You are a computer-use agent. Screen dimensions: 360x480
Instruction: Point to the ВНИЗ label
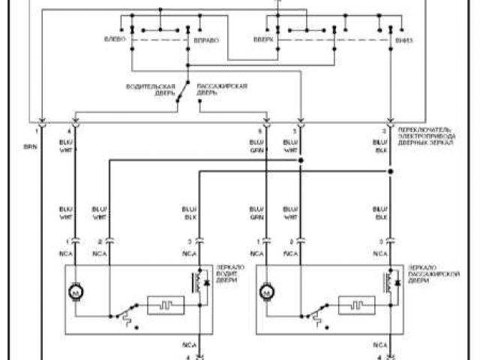tap(403, 39)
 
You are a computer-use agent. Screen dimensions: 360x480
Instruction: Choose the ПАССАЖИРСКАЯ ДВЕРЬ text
tap(222, 88)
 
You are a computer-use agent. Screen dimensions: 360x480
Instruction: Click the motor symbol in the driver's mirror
tap(76, 290)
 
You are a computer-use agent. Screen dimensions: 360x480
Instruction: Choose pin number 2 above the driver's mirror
tap(100, 241)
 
